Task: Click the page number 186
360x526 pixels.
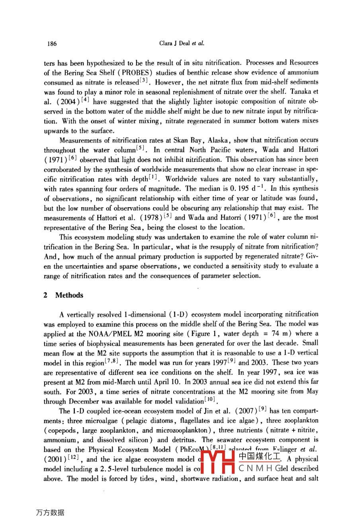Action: coord(52,44)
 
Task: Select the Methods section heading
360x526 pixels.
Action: coord(69,295)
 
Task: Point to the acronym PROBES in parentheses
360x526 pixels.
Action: coord(137,73)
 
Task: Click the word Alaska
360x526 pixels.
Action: coord(218,140)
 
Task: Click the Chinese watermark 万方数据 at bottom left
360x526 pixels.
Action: coord(50,512)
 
